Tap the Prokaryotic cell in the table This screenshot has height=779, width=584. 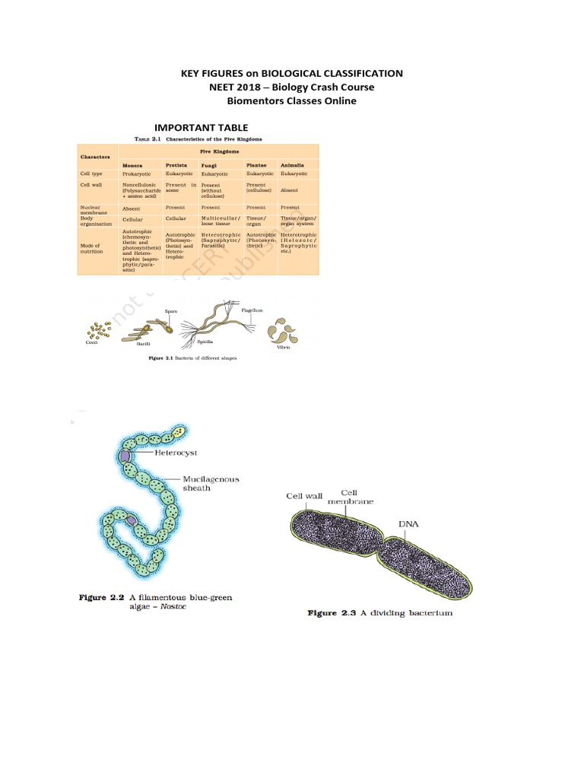click(x=137, y=174)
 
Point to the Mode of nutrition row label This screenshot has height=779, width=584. click(x=92, y=247)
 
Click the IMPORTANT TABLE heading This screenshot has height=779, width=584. click(x=201, y=127)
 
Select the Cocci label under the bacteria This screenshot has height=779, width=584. click(x=93, y=343)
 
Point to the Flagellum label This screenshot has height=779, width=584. click(x=252, y=310)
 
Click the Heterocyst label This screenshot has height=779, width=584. click(x=176, y=452)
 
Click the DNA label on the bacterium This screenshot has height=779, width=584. click(x=408, y=524)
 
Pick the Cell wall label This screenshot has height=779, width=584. click(x=304, y=496)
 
